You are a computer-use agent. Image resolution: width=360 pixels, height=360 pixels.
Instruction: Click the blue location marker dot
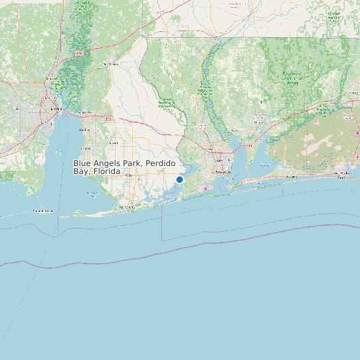tap(179, 179)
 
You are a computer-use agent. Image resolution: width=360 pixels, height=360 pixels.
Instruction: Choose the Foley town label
tap(128, 175)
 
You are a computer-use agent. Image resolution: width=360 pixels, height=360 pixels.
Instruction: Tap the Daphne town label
tap(84, 130)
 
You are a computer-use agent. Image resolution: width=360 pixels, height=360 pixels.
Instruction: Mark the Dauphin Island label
tap(43, 211)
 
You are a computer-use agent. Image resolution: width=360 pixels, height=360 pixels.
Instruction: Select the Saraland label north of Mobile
tap(51, 79)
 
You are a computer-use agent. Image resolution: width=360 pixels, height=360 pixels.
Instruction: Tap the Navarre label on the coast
tap(291, 177)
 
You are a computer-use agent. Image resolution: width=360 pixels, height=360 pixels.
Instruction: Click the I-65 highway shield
tap(80, 52)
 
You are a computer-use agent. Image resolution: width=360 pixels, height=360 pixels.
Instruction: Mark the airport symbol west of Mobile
tap(17, 107)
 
